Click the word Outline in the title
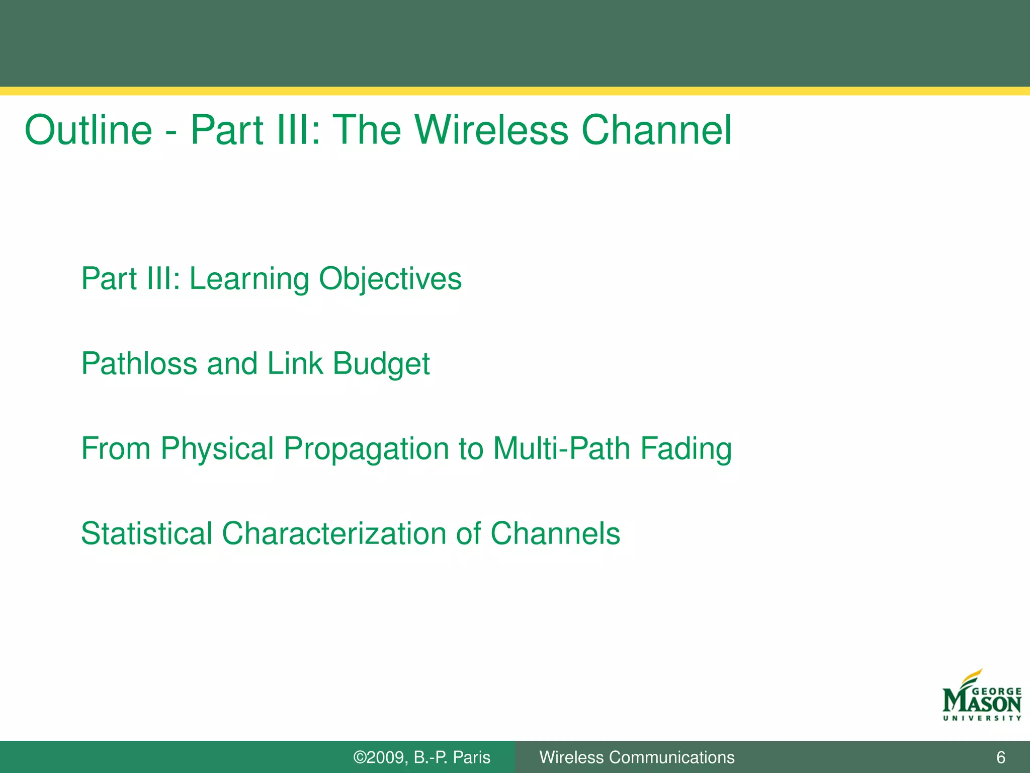pos(89,130)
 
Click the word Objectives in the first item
pos(390,279)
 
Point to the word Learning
pos(249,279)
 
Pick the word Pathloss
pos(139,363)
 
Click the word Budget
pos(381,363)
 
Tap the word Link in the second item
pos(295,363)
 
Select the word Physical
pos(217,448)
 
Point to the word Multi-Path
pos(561,448)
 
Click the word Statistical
pos(146,533)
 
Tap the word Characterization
pos(334,533)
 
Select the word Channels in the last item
pos(555,533)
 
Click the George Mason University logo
pos(982,697)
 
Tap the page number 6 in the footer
pos(1001,757)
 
